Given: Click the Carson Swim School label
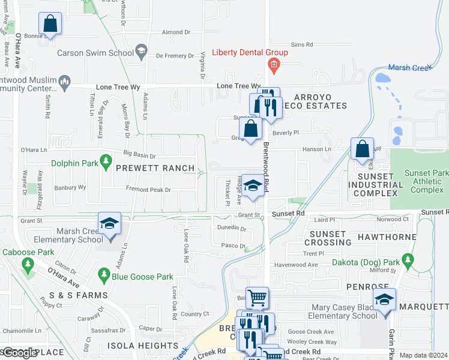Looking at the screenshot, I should click(95, 53).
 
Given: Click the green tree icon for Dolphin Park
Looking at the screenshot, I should click(106, 161).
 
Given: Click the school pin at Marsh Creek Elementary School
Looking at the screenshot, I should click(110, 225).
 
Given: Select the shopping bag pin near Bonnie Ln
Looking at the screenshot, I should click(50, 25).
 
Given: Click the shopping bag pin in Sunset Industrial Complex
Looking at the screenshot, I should click(362, 149).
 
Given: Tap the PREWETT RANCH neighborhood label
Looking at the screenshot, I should click(155, 168).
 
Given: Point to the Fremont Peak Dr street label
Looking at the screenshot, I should click(148, 190).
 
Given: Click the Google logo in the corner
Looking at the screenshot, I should click(19, 353).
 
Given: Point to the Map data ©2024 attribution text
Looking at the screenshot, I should click(424, 355).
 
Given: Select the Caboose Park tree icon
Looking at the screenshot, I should click(27, 264).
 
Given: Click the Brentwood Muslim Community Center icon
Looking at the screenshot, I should click(65, 80).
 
